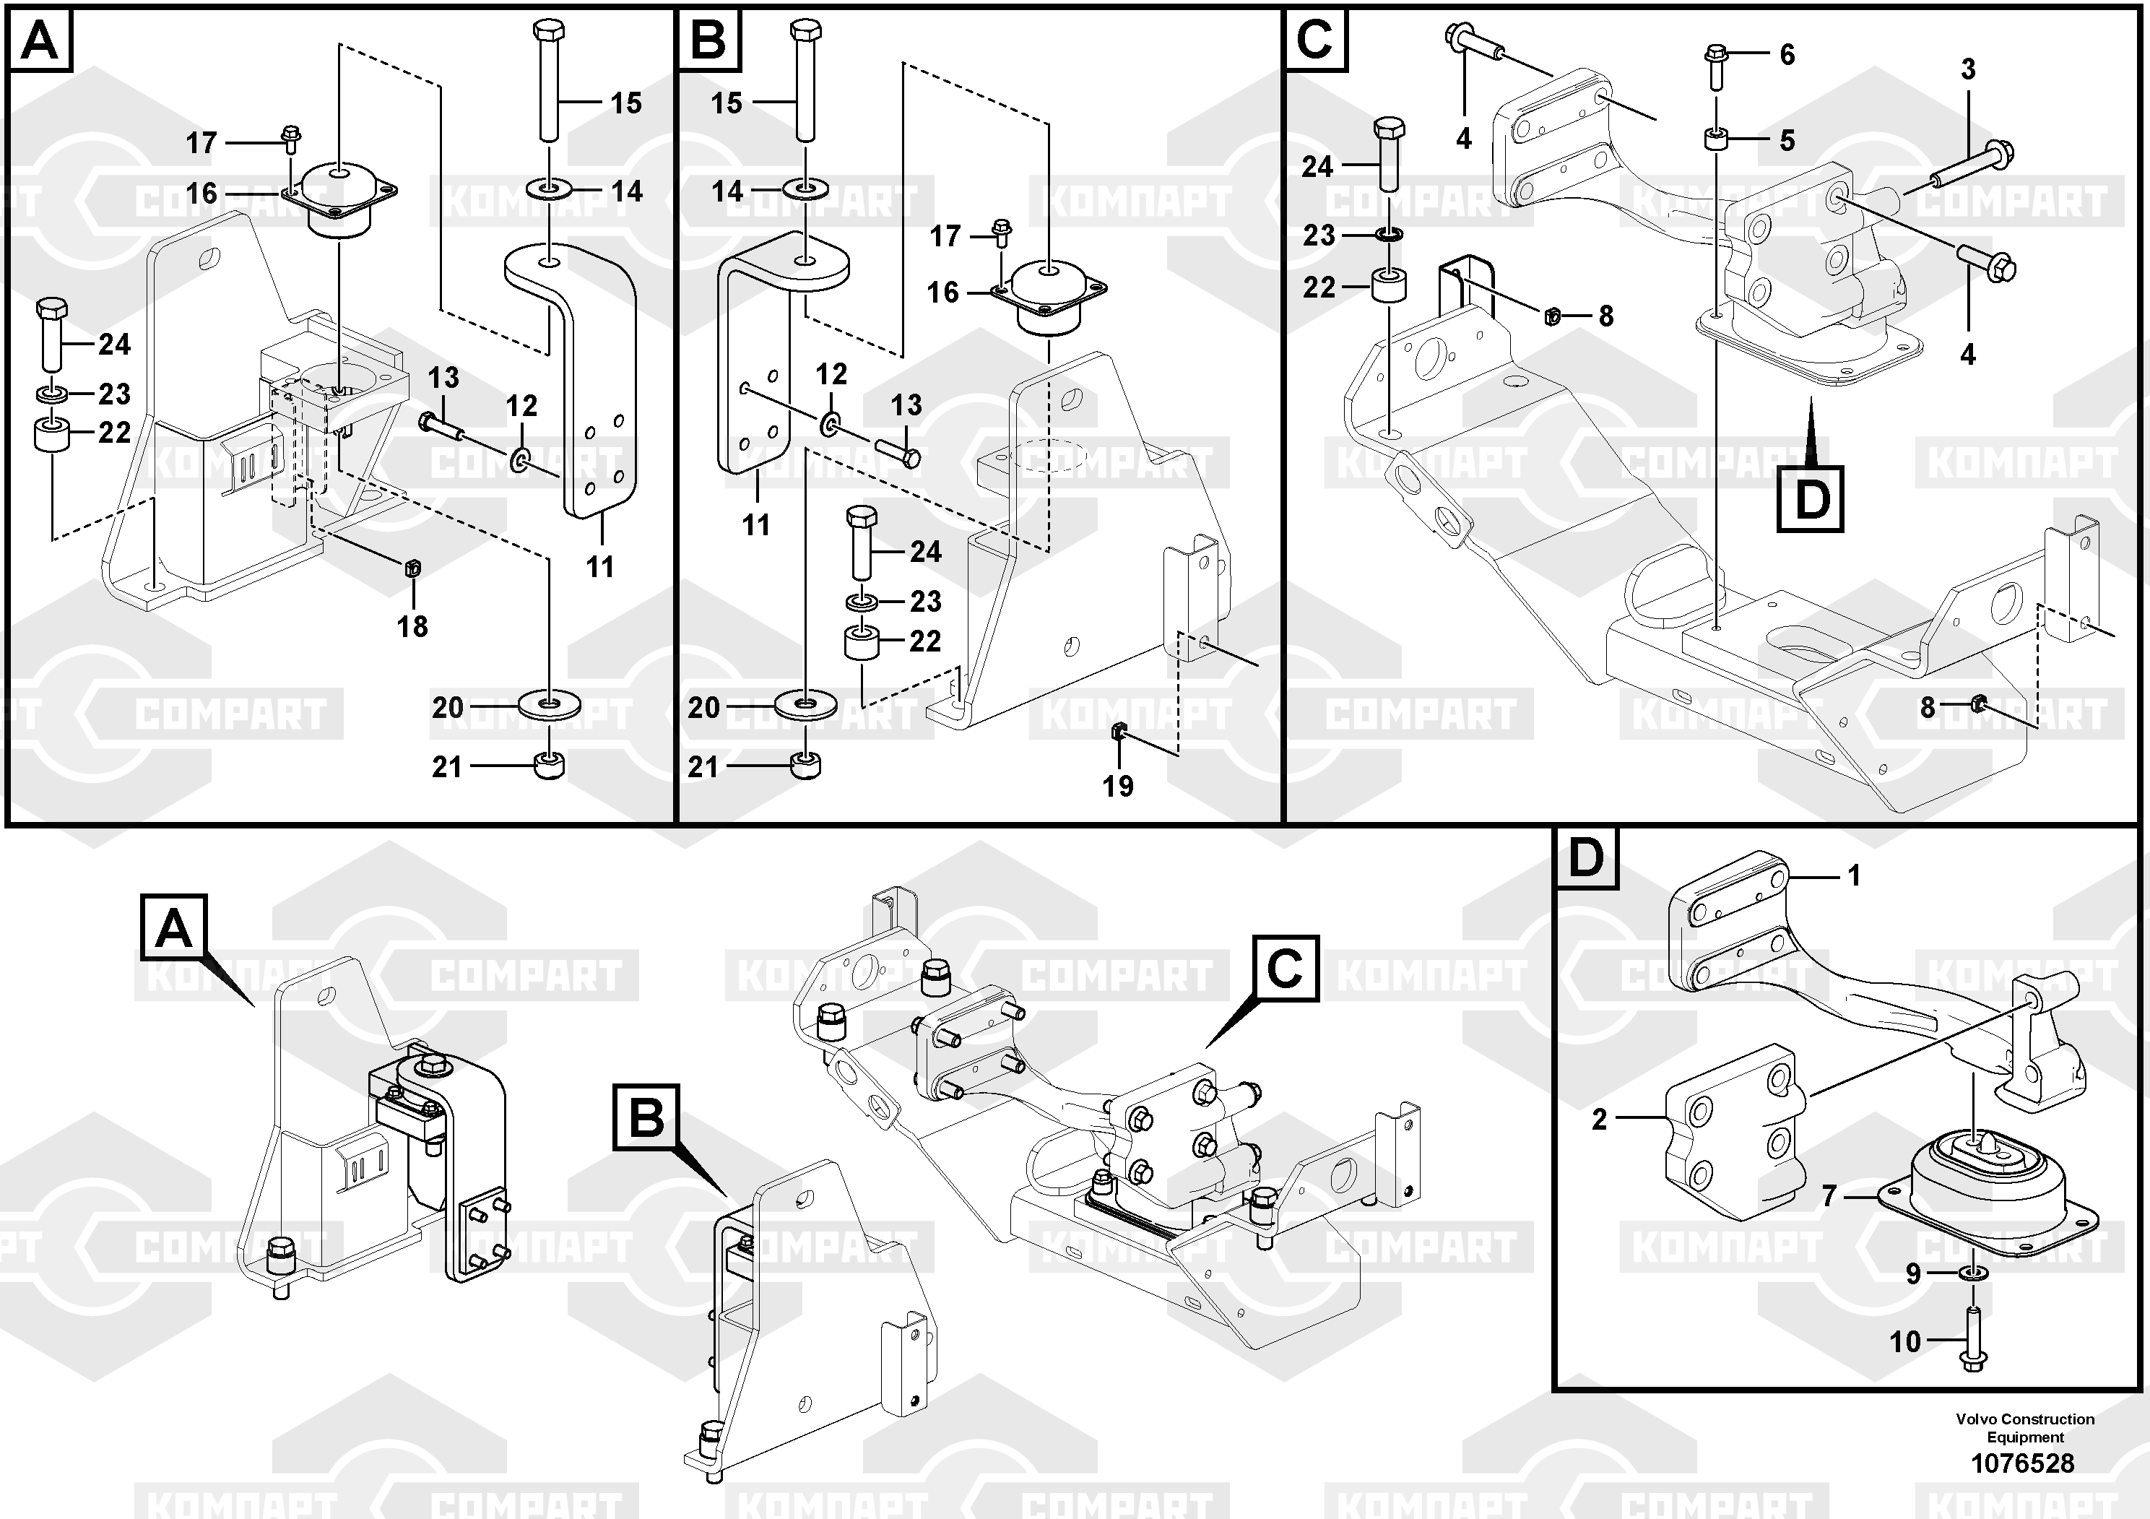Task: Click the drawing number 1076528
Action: click(x=2023, y=1463)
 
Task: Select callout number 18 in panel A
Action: click(x=412, y=626)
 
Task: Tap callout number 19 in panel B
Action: click(x=1118, y=786)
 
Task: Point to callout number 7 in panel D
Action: click(x=1829, y=1196)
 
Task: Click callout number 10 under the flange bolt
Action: click(x=1904, y=1342)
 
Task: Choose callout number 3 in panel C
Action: click(x=1968, y=69)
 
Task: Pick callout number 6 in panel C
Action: click(x=1787, y=54)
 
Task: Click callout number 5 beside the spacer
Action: click(x=1787, y=140)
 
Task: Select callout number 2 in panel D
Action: click(x=1600, y=1119)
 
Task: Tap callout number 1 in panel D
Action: click(x=1853, y=875)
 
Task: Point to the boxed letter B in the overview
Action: click(x=646, y=1117)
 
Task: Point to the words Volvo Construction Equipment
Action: click(x=2024, y=1428)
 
